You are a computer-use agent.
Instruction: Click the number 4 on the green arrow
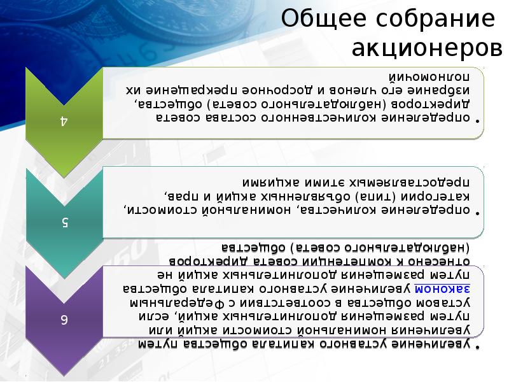[64, 120]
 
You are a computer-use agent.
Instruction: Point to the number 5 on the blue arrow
[64, 221]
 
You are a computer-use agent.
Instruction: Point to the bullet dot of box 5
[478, 209]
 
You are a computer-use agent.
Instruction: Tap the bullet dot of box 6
[478, 346]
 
